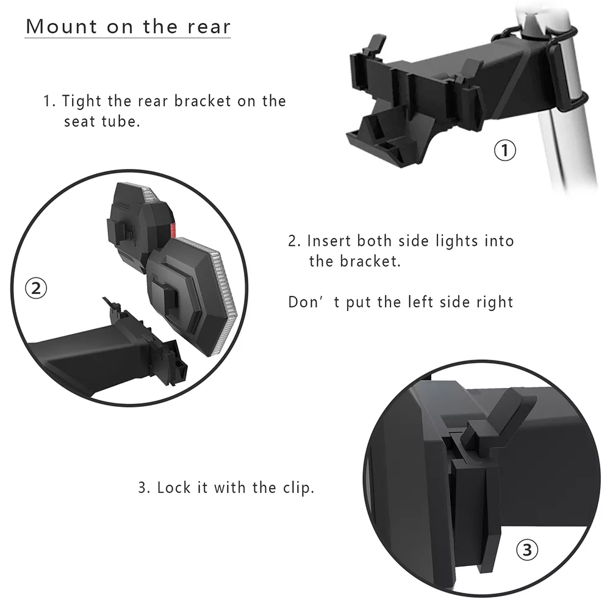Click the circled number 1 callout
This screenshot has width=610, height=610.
[x=504, y=150]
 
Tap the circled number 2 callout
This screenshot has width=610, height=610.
[x=35, y=288]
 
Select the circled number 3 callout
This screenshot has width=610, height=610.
[x=528, y=551]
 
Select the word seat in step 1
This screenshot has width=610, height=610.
[x=81, y=121]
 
